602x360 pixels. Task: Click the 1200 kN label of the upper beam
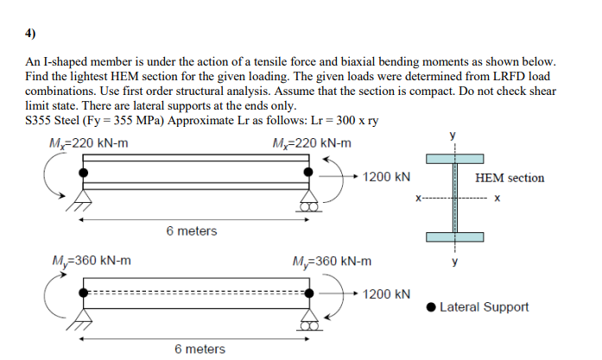coord(386,177)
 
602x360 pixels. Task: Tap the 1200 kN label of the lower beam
coord(386,294)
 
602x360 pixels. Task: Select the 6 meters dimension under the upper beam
coord(192,231)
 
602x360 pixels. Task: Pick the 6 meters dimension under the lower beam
coord(200,349)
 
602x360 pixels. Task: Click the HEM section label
coord(510,178)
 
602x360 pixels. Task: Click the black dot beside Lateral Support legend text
coord(431,307)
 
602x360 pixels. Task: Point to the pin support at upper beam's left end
coord(84,202)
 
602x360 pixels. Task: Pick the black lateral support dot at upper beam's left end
coord(84,174)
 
